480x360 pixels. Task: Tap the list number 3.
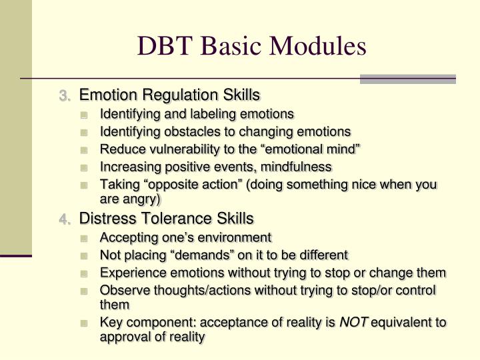point(64,96)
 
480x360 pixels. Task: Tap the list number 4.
point(64,219)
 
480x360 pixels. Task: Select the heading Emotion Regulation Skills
point(169,95)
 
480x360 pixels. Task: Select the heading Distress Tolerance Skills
point(167,218)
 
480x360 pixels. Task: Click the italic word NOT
point(353,323)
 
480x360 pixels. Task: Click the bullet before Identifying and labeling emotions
point(84,114)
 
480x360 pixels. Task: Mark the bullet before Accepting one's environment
point(84,237)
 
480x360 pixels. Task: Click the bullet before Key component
point(84,323)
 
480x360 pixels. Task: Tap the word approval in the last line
point(123,337)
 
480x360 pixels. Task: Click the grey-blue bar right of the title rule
point(407,79)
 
